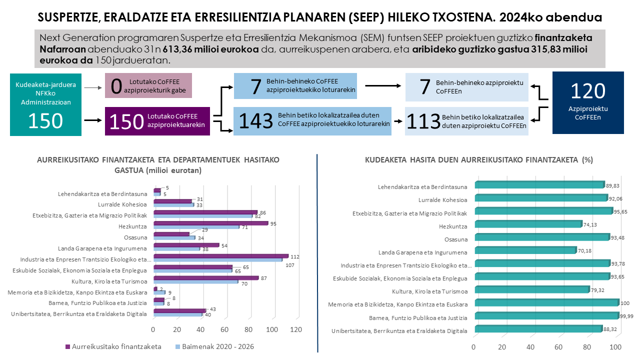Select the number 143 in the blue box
(257, 121)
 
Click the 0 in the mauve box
(116, 85)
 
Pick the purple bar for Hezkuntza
(210, 223)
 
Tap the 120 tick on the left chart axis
(296, 330)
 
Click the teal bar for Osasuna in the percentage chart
(541, 237)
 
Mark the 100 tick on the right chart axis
(616, 347)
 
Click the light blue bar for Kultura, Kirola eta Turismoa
(195, 281)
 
